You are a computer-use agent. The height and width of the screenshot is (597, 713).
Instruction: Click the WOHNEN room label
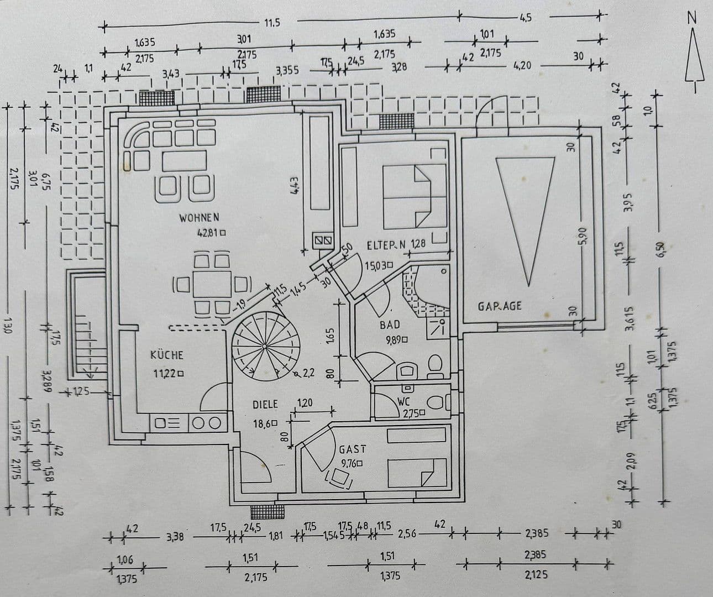coord(199,218)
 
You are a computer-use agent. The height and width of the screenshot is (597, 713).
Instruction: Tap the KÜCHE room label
coord(166,355)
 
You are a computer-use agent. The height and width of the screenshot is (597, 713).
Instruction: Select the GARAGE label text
coord(500,306)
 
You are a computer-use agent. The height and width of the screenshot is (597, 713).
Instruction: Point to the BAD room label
coord(390,325)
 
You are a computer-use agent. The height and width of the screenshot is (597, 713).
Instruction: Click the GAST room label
coord(353,450)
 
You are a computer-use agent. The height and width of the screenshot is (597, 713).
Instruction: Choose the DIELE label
coord(265,405)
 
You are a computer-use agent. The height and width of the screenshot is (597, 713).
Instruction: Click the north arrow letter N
coord(691,18)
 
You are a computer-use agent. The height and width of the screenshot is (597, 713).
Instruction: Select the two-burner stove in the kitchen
coord(206,423)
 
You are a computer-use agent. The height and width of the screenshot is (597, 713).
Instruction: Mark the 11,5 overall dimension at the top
coord(271,23)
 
